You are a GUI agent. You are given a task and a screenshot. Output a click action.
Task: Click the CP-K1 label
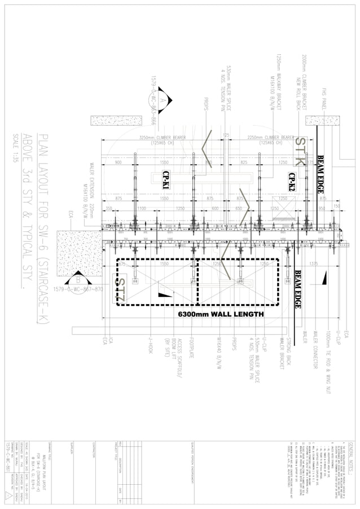pos(167,182)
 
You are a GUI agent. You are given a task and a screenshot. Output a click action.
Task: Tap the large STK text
pos(301,151)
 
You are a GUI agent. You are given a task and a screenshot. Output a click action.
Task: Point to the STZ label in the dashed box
pos(120,289)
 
